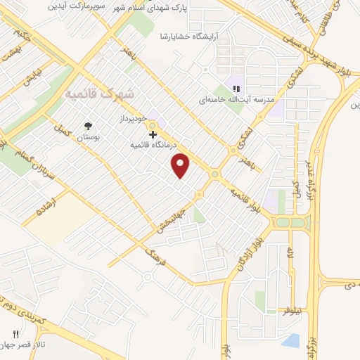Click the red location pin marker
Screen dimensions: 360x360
coord(181,165)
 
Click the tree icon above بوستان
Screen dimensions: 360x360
coord(86,126)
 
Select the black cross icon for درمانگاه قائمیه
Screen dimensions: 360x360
coord(153,134)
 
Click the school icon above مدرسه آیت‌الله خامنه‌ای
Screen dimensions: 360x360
coord(236,89)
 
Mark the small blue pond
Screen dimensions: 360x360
coord(290,341)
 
